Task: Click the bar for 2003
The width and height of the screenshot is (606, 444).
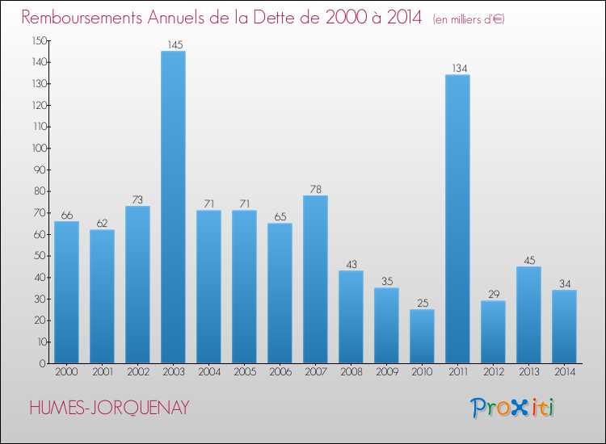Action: [x=173, y=207]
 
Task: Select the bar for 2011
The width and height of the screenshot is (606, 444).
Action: [x=457, y=219]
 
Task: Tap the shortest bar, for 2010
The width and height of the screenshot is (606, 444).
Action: [x=422, y=336]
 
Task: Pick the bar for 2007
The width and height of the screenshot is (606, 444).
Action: [x=315, y=279]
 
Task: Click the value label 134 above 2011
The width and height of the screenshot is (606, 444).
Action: [x=457, y=69]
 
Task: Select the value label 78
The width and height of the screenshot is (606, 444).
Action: [x=315, y=189]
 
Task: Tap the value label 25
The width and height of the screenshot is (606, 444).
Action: [x=422, y=303]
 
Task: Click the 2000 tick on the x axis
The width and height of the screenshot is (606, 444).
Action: [x=66, y=372]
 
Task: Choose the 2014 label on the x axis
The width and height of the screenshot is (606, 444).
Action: [x=564, y=372]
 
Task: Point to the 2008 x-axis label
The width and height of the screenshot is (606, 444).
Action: [x=351, y=372]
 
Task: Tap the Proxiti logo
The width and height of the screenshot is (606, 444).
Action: [x=513, y=408]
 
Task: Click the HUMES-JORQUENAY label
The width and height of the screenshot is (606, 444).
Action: [x=109, y=408]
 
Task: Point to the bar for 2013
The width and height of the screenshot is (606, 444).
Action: [x=528, y=315]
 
